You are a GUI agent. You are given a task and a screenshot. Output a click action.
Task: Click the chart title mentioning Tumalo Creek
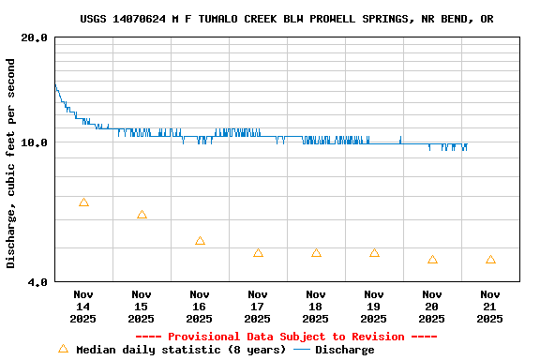click(287, 19)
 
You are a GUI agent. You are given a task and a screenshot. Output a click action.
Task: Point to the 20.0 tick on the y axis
click(35, 37)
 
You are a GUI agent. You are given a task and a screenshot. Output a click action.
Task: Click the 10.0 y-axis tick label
click(35, 142)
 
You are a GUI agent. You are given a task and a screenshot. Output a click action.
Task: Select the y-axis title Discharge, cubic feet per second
click(11, 163)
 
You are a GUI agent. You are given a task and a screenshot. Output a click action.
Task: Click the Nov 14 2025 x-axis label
click(82, 306)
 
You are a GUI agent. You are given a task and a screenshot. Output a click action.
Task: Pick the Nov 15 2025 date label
click(141, 306)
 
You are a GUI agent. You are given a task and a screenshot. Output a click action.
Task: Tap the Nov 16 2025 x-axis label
click(199, 306)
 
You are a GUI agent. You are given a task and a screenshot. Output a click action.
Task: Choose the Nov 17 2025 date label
click(257, 306)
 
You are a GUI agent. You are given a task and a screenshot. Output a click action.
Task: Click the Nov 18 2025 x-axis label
click(315, 306)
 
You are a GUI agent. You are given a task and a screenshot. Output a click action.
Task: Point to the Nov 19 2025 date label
click(373, 306)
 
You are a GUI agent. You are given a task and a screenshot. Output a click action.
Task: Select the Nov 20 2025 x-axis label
click(431, 306)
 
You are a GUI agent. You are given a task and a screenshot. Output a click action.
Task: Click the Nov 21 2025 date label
click(489, 306)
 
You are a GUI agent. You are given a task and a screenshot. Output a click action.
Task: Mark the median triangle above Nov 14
click(83, 202)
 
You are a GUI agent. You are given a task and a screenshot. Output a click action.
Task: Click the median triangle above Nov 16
click(200, 241)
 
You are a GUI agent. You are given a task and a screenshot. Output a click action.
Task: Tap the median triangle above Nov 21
click(490, 260)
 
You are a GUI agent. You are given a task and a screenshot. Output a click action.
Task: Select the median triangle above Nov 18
click(316, 253)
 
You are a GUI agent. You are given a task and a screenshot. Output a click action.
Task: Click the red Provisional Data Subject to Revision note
click(286, 337)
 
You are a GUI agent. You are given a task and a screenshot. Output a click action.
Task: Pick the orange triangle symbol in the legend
click(63, 349)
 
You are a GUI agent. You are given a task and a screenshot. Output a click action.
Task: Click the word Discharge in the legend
click(344, 350)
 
